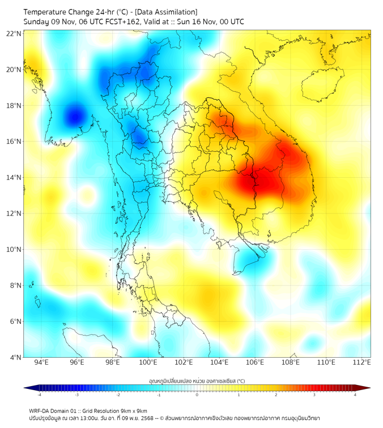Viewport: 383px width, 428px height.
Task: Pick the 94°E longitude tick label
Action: pyautogui.click(x=41, y=362)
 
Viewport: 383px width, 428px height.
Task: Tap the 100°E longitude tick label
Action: pyautogui.click(x=148, y=362)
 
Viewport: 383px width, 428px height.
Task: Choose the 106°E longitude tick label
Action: pyautogui.click(x=255, y=362)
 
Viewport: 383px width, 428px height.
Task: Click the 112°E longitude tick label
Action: pyautogui.click(x=362, y=362)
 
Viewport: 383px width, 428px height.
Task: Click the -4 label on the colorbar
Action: pyautogui.click(x=39, y=395)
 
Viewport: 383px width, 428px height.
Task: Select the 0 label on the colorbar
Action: pyautogui.click(x=197, y=395)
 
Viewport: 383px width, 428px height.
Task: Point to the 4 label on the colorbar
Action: pyautogui.click(x=355, y=395)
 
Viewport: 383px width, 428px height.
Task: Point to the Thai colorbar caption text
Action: pyautogui.click(x=197, y=381)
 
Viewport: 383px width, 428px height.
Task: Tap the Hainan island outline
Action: pyautogui.click(x=324, y=85)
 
